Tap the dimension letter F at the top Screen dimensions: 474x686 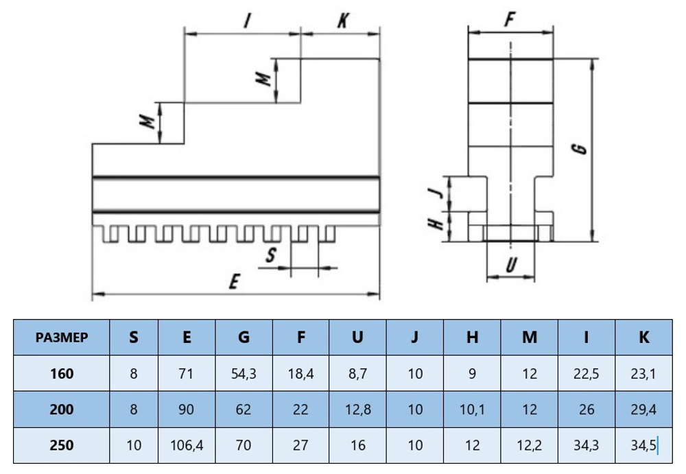(x=510, y=21)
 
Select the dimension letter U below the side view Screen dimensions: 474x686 (x=510, y=264)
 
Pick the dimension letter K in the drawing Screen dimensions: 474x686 (x=342, y=21)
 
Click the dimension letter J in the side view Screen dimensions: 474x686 (x=434, y=192)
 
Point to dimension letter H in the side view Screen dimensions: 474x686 (x=434, y=224)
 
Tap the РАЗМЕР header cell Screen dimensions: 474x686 (x=62, y=337)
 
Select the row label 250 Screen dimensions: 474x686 (x=62, y=445)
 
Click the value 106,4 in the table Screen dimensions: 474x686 (x=187, y=445)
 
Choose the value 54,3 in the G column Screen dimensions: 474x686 (x=244, y=374)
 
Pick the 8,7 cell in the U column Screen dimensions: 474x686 (x=357, y=374)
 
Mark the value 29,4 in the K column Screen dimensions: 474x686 (x=643, y=410)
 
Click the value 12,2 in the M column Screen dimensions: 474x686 (x=529, y=445)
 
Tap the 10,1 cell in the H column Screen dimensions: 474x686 (x=472, y=410)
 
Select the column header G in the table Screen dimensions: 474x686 (x=244, y=337)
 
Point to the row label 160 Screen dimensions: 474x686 (x=62, y=374)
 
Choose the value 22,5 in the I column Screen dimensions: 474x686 (x=586, y=374)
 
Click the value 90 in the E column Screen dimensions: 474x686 (x=187, y=410)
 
